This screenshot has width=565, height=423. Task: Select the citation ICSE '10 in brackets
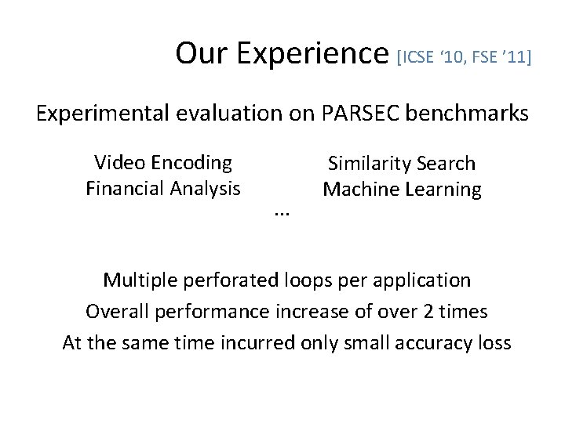(x=436, y=57)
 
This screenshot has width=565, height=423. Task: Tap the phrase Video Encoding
(x=163, y=163)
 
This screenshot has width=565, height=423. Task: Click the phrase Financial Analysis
(x=163, y=189)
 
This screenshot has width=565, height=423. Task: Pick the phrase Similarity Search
(x=402, y=164)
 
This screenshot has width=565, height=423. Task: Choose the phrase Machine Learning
(x=403, y=190)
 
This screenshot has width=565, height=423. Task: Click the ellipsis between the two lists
(x=282, y=212)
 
